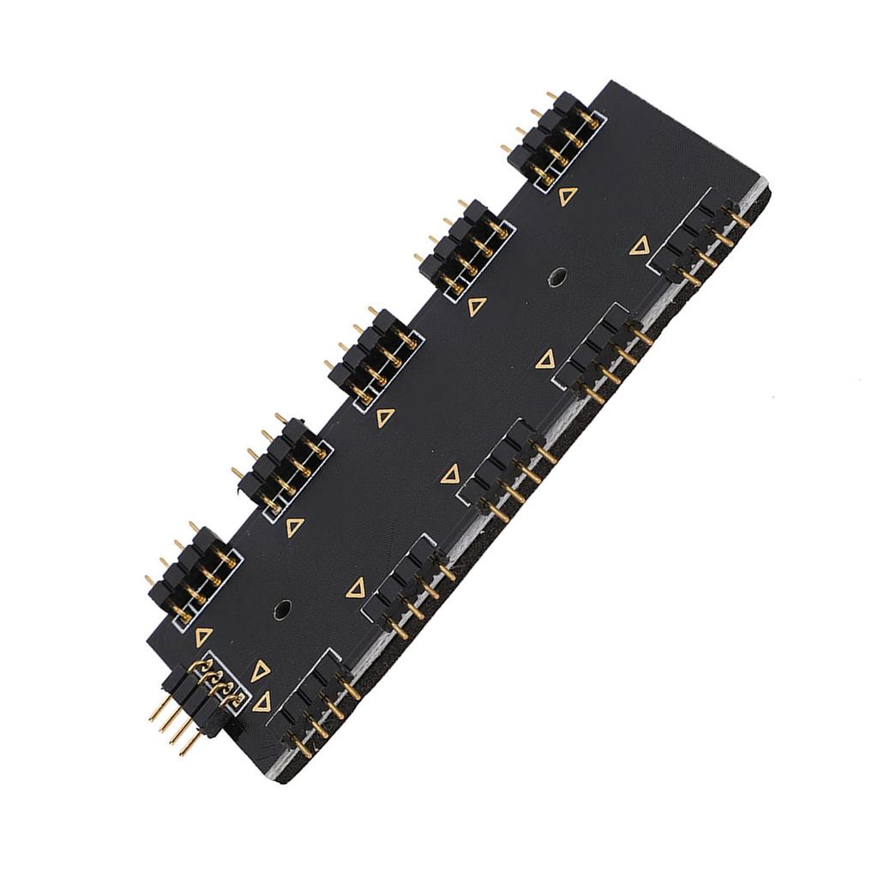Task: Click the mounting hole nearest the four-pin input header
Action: pyautogui.click(x=281, y=610)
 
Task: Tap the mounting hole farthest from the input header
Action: pyautogui.click(x=556, y=277)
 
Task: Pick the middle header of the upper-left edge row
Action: pyautogui.click(x=374, y=355)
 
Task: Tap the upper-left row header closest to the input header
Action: pyautogui.click(x=192, y=574)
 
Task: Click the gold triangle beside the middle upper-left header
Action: pyautogui.click(x=386, y=418)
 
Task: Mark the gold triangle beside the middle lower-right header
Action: pyautogui.click(x=450, y=473)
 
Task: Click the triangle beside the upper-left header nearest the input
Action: pyautogui.click(x=203, y=636)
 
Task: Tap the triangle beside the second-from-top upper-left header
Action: pyautogui.click(x=478, y=306)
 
